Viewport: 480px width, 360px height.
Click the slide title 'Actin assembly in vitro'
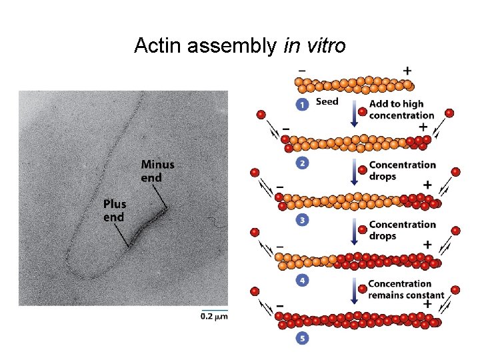coord(240,45)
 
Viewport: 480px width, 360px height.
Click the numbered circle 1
coord(303,105)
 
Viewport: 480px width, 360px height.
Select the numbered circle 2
coord(303,163)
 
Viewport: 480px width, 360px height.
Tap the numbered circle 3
coord(303,221)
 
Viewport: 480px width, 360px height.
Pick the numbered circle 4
coord(303,281)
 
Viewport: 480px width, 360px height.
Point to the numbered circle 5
coord(303,339)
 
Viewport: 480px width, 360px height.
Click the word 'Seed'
coord(327,102)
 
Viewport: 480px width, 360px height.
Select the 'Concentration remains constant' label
coord(406,289)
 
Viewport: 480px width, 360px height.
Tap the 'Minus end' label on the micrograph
coord(157,171)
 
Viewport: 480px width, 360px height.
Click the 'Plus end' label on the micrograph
coord(115,210)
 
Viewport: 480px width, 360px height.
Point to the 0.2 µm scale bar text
coord(214,317)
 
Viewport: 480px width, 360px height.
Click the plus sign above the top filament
coord(407,70)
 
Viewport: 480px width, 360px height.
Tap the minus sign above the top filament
coord(302,69)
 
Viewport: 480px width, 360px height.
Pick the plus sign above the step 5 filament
coord(427,304)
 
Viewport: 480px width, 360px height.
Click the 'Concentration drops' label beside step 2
coord(403,171)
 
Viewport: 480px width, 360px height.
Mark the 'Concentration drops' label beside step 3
coord(403,230)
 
